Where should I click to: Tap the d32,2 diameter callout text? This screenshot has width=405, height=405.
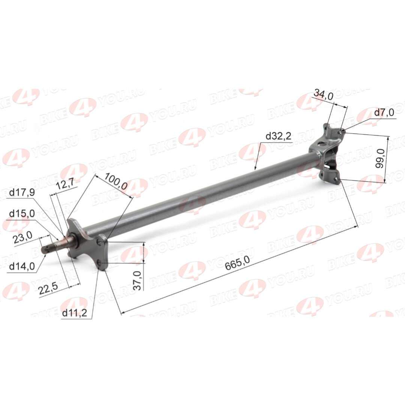[x=278, y=136]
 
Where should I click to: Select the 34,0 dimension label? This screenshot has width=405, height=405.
[x=323, y=95]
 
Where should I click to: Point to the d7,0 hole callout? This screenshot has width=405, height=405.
[x=384, y=112]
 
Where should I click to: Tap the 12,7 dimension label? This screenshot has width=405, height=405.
[x=65, y=185]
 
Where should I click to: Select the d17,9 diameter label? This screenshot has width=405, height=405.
[x=22, y=192]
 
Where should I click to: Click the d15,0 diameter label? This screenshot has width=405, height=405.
[x=22, y=214]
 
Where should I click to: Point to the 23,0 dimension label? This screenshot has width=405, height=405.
[x=23, y=238]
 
